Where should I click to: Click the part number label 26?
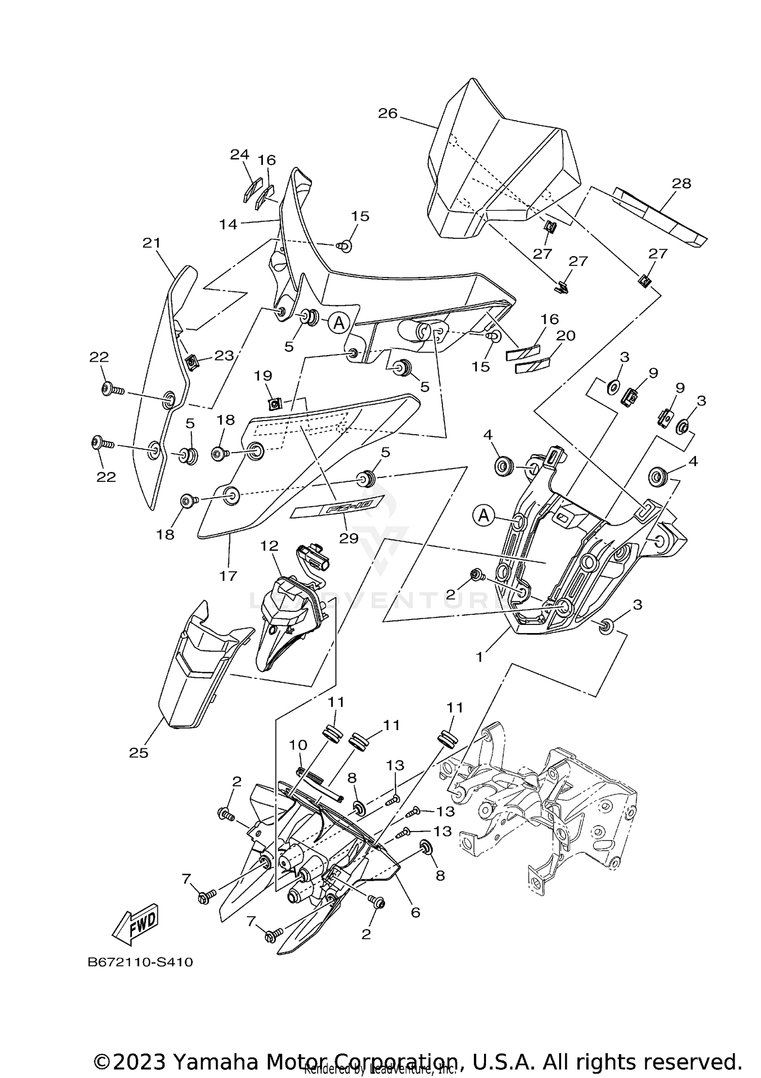click(x=388, y=113)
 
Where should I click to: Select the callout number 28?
click(x=681, y=183)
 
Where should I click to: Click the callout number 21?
click(x=151, y=243)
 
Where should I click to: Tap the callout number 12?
click(x=269, y=546)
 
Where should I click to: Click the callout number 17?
click(x=228, y=576)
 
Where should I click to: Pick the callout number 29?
click(x=349, y=538)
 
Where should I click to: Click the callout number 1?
click(x=479, y=656)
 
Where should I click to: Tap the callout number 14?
click(x=228, y=224)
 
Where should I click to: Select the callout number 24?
click(x=240, y=154)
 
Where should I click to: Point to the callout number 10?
click(x=298, y=745)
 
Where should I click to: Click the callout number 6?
click(x=416, y=912)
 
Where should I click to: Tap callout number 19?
click(x=263, y=376)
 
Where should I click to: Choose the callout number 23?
click(x=224, y=356)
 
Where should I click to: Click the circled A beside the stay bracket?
click(x=484, y=516)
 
